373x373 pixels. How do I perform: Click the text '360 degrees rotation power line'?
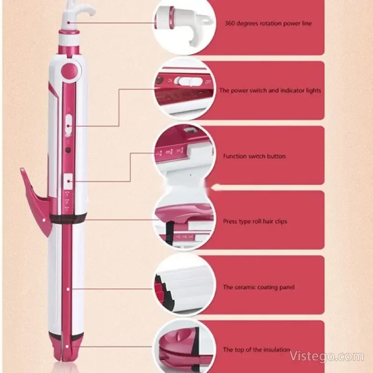coord(268,23)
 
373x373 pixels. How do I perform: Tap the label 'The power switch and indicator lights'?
coord(270,90)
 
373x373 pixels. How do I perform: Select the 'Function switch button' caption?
coord(254,156)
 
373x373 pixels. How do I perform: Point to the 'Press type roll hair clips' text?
coord(255,221)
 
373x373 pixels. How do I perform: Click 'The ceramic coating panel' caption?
coord(259,287)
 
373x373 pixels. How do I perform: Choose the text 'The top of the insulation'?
coord(256,350)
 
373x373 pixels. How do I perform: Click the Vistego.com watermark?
coord(327,357)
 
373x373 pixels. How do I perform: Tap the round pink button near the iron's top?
coord(69,71)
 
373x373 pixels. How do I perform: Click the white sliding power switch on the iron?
coord(69,124)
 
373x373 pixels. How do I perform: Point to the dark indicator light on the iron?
coord(68,150)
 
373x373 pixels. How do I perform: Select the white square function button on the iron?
coord(68,181)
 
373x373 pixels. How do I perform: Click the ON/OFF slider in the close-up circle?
coord(190,82)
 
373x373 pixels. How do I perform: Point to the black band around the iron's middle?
coord(68,218)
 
